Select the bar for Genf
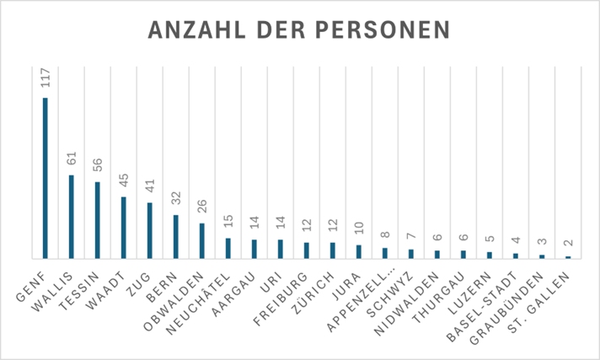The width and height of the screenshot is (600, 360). point(46,178)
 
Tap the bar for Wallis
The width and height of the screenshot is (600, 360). point(72,217)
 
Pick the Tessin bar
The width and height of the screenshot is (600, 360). point(98,220)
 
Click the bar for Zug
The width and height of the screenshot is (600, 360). point(149,230)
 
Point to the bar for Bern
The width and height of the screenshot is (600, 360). point(175,236)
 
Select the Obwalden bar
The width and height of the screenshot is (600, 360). point(201,240)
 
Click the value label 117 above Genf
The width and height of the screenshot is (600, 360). point(46,78)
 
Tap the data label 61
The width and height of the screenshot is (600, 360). point(72,159)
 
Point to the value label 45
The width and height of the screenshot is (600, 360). point(123,181)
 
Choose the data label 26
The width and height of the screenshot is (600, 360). point(201,207)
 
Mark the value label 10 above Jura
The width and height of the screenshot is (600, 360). point(358,228)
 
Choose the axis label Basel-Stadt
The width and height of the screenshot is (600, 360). point(497,297)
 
